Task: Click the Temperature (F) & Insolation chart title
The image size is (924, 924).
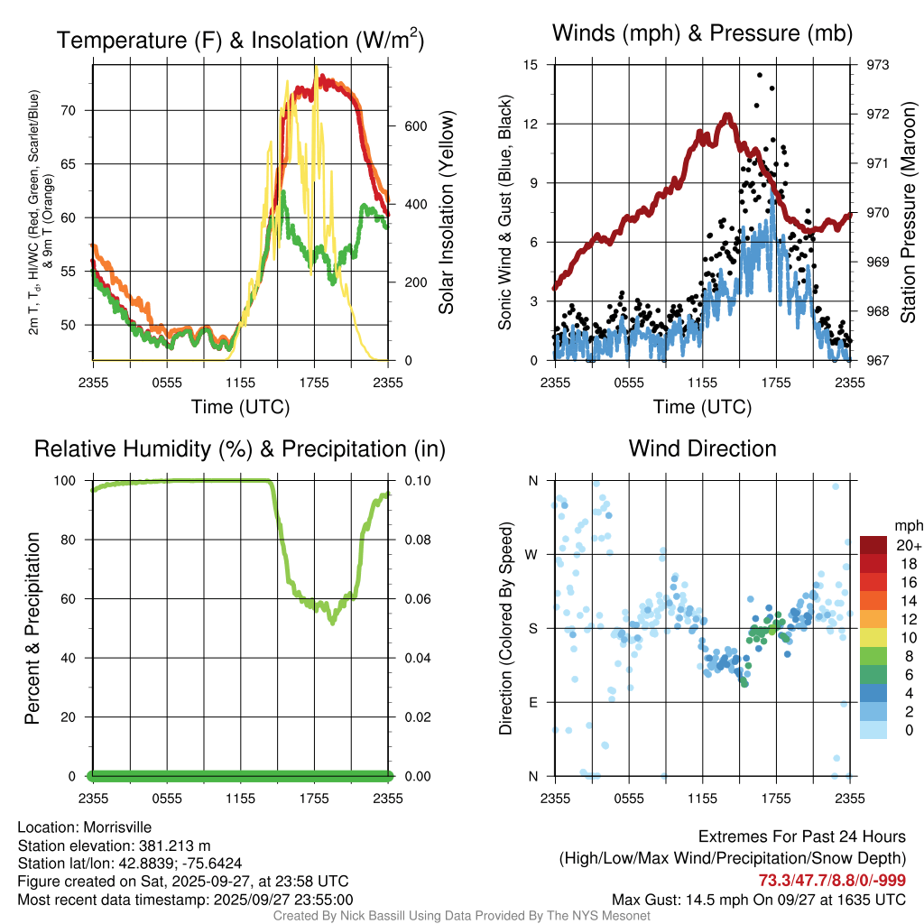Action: click(240, 40)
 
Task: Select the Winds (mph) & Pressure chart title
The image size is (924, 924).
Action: click(703, 33)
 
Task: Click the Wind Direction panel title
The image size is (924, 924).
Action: click(702, 448)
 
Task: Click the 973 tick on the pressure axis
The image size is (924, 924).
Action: click(877, 65)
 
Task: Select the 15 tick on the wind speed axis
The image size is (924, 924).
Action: click(531, 65)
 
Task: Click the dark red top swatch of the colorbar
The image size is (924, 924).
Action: click(873, 544)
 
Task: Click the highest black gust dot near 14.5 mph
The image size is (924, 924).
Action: click(760, 76)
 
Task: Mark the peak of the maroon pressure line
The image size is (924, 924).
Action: click(726, 115)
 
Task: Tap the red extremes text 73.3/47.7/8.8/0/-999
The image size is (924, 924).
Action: click(831, 881)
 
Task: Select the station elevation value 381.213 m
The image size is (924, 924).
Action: click(175, 845)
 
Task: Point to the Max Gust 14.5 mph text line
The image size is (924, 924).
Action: click(758, 900)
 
